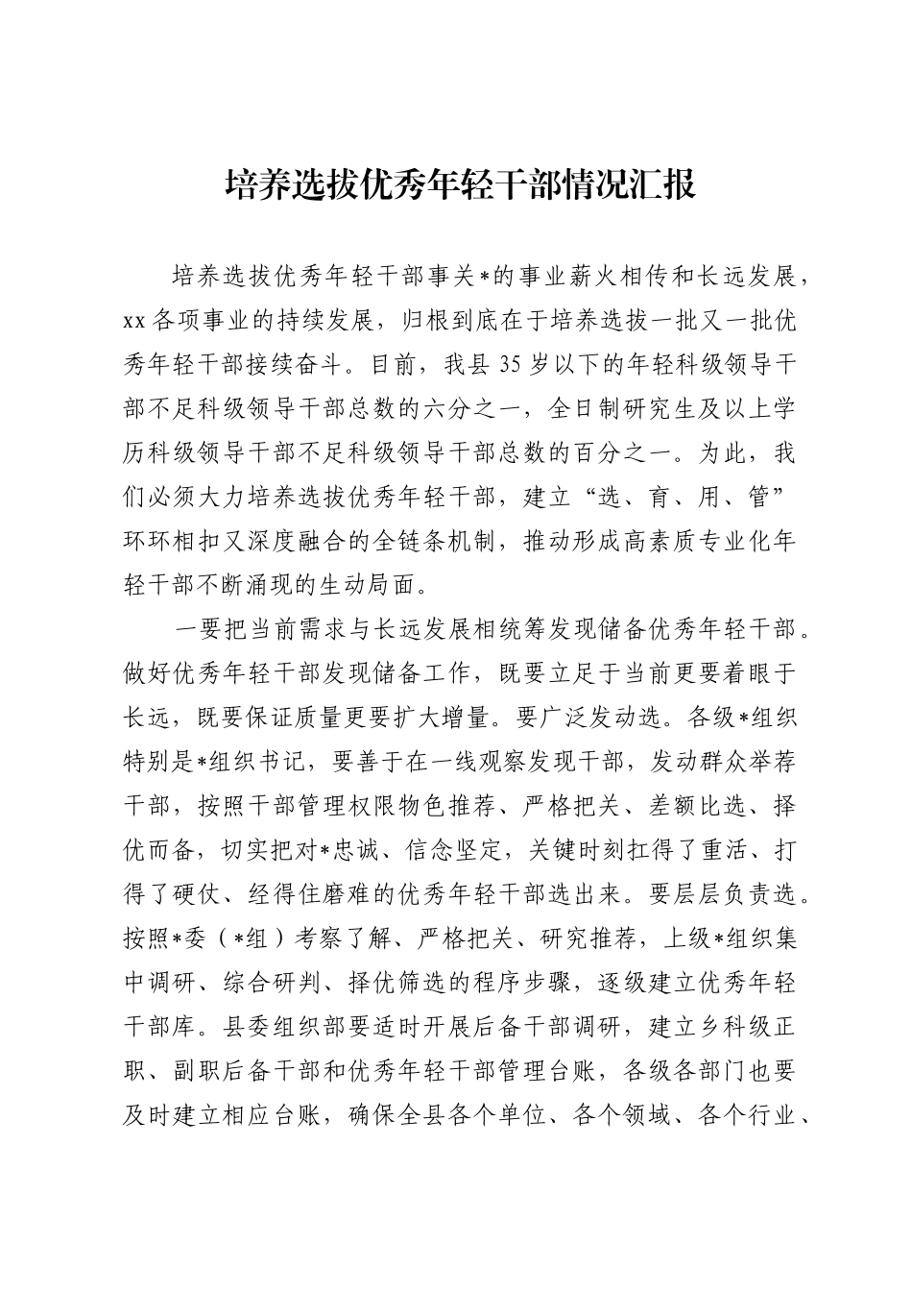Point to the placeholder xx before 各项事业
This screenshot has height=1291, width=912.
click(133, 322)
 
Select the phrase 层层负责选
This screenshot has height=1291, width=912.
click(735, 892)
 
